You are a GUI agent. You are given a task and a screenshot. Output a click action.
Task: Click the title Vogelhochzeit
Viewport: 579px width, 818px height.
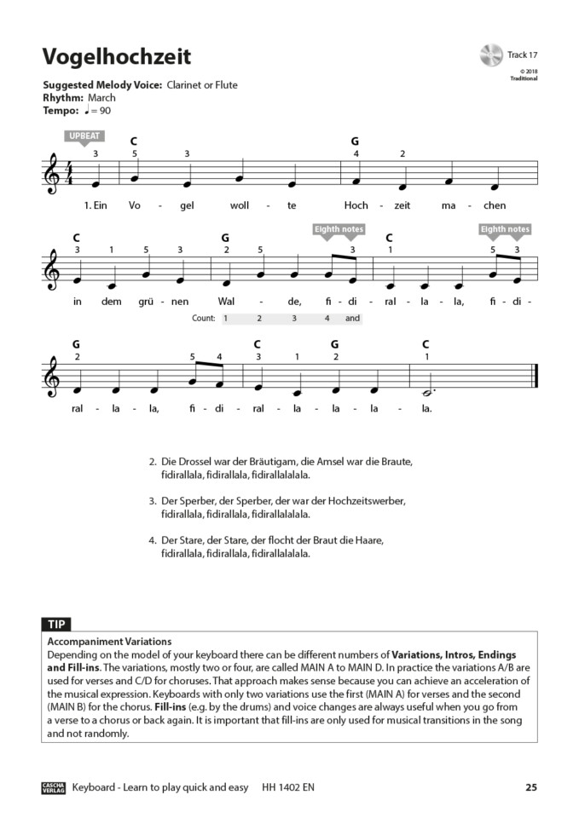117,57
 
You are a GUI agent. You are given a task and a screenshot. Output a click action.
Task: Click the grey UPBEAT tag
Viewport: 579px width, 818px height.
83,136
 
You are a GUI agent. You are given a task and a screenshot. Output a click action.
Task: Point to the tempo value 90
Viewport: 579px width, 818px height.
105,111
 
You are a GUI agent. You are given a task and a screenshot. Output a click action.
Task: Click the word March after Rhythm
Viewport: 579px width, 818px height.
101,98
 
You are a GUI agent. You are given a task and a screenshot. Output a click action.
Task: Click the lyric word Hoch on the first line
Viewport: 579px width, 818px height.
355,205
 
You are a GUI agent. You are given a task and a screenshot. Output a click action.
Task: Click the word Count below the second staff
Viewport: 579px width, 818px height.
204,319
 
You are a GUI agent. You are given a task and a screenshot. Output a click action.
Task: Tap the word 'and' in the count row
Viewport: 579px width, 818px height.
353,319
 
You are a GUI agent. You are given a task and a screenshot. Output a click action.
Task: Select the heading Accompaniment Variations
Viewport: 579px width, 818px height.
110,642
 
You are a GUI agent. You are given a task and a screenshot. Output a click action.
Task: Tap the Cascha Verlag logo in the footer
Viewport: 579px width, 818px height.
54,787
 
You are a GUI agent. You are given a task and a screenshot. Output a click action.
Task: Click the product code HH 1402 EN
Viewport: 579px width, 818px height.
289,787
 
